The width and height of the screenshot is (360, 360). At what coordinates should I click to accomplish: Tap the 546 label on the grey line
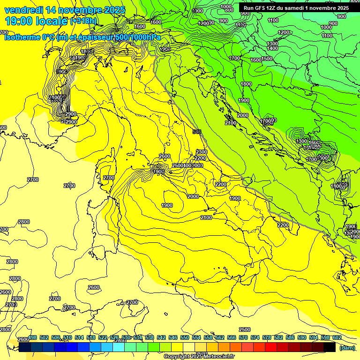(197, 132)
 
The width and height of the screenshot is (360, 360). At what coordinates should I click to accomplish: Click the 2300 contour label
(202, 152)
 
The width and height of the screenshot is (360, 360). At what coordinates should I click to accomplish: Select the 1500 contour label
(267, 59)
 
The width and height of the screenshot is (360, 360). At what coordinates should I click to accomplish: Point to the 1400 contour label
(272, 48)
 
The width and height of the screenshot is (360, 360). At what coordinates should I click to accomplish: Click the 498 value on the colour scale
(33, 337)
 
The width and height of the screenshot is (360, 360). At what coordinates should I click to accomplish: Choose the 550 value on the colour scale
(185, 337)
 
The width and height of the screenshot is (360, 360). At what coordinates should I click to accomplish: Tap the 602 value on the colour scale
(337, 337)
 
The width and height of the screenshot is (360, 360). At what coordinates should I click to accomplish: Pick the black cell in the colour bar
(330, 347)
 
